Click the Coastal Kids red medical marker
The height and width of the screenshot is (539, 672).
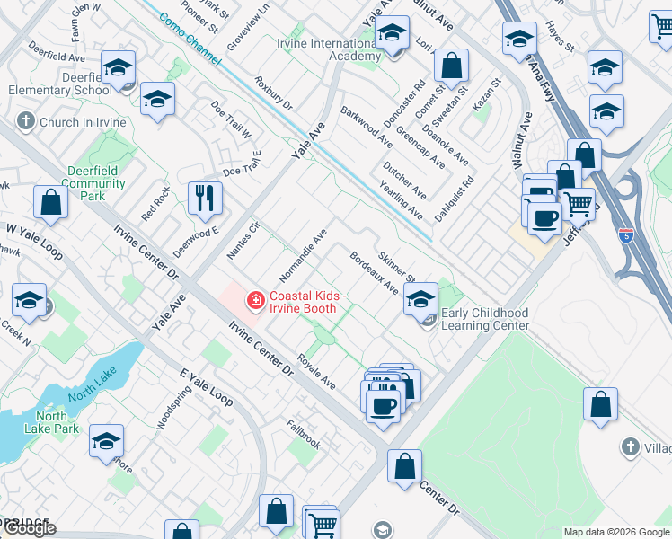pos(255,301)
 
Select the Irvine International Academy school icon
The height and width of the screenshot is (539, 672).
pos(392,36)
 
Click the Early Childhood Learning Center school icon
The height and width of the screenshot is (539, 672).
pos(420,298)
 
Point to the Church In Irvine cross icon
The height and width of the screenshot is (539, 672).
pos(26,121)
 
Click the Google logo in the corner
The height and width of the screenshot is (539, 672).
pos(29,527)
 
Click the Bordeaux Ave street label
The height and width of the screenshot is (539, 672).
pos(374,272)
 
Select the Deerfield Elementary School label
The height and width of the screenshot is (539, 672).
pos(61,84)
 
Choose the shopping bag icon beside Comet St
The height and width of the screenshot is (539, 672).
pos(451,66)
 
